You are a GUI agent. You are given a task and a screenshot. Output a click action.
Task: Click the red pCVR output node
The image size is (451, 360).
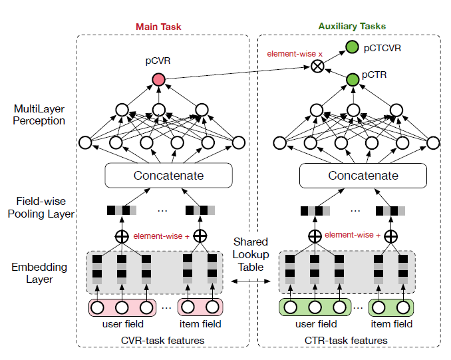[x=158, y=80]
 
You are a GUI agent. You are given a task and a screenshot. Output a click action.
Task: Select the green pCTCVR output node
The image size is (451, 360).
[x=353, y=48]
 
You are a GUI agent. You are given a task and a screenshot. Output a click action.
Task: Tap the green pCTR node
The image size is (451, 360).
[x=353, y=80]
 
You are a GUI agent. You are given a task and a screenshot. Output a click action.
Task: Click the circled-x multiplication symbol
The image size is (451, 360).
[x=319, y=65]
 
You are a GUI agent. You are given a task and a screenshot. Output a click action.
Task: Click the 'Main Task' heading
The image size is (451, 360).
[x=158, y=27]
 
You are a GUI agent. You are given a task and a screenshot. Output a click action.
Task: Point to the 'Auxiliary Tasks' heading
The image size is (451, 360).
[x=352, y=27]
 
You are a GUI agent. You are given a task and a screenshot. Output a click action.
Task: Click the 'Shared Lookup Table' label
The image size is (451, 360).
[x=250, y=255]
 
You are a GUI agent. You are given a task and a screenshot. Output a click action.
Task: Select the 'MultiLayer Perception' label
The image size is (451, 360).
[x=39, y=114]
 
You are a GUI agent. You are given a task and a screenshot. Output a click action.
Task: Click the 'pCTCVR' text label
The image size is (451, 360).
[x=382, y=48]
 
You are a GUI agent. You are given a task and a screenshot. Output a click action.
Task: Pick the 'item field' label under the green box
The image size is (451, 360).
[x=392, y=325]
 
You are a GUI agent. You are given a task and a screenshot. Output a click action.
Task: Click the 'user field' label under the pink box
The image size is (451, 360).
[x=122, y=325]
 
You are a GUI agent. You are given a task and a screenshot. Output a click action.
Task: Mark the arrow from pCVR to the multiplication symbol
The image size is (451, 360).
[x=239, y=73]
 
